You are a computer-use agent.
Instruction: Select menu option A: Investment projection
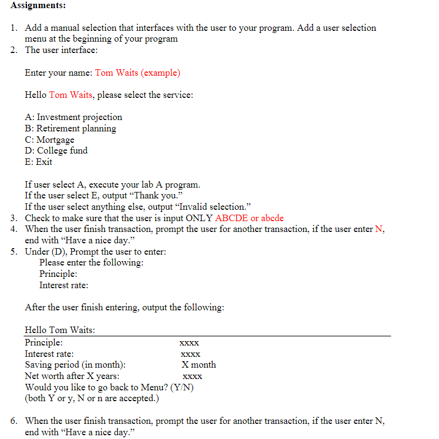[x=74, y=117]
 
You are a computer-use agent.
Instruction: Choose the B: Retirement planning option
[x=70, y=128]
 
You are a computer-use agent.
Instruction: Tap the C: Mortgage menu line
[x=50, y=139]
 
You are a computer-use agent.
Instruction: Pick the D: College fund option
[x=56, y=150]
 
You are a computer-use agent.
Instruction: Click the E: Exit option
[x=38, y=162]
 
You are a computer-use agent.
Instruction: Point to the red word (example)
[x=161, y=72]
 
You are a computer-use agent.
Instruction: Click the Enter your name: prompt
[x=58, y=72]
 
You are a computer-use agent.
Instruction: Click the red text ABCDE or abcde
[x=249, y=218]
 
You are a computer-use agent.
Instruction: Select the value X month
[x=198, y=364]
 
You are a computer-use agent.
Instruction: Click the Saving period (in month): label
[x=75, y=364]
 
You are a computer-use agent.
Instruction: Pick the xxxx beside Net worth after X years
[x=192, y=376]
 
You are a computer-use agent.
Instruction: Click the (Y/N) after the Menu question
[x=182, y=387]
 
